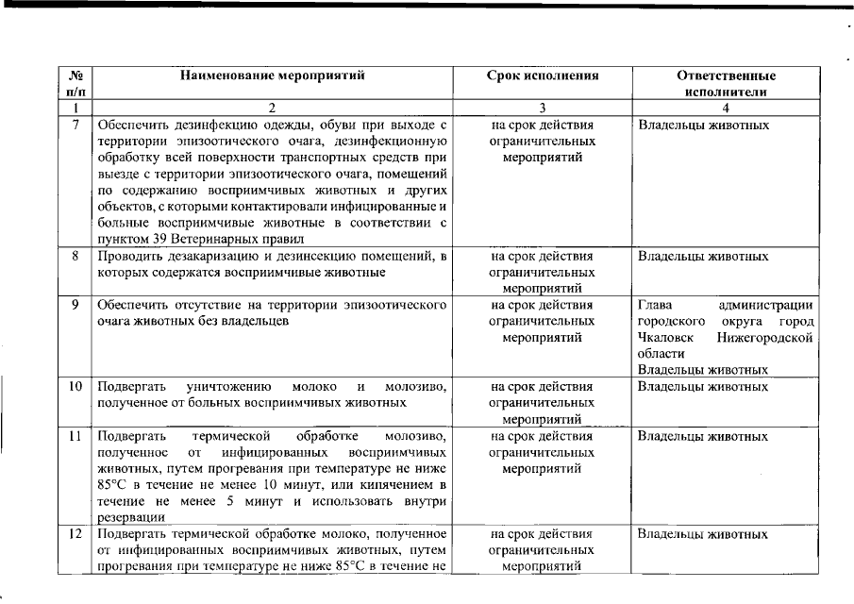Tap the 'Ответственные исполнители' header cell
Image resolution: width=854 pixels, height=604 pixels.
point(726,83)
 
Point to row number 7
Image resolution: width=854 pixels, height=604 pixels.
point(75,125)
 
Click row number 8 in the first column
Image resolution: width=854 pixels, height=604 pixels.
point(75,256)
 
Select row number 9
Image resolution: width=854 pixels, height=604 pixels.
point(75,305)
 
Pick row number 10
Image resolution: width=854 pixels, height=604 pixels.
point(75,386)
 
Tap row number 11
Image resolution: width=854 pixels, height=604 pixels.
point(75,436)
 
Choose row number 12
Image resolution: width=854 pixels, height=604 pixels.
point(75,534)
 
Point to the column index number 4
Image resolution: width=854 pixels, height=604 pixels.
point(726,108)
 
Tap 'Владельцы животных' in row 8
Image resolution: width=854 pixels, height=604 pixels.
point(703,256)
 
